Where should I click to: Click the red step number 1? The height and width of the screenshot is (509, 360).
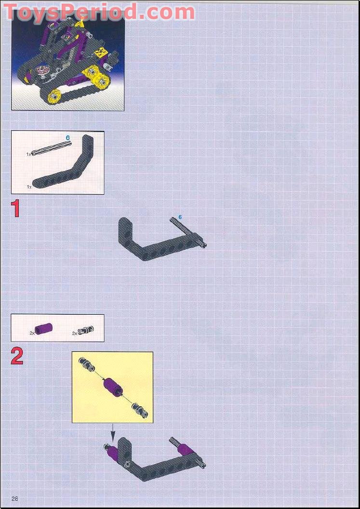pos(16,209)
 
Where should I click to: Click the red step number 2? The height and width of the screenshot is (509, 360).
pos(17,356)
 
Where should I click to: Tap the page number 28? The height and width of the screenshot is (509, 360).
pos(15,498)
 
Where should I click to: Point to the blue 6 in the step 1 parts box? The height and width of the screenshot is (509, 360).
pos(68,138)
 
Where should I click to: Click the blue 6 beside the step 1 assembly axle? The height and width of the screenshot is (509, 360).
pos(180,217)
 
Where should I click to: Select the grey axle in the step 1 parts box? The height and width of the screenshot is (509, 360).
pos(51,148)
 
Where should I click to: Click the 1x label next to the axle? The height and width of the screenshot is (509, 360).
pos(29,154)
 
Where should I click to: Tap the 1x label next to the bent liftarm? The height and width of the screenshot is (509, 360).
pos(29,186)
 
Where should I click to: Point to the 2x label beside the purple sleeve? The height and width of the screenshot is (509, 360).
pos(32,333)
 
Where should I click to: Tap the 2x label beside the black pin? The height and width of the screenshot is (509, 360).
pos(75,333)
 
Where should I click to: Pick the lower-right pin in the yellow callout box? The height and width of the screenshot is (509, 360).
pos(140,410)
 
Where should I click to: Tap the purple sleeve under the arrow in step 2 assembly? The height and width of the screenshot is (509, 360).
pos(111,453)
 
